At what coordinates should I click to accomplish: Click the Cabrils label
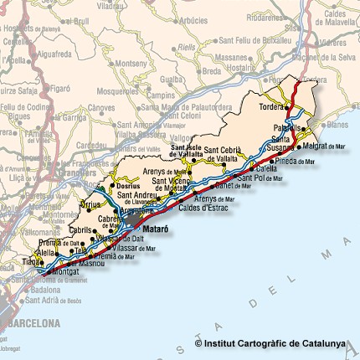pyautogui.click(x=80, y=229)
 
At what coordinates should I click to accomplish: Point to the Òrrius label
pyautogui.click(x=90, y=204)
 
